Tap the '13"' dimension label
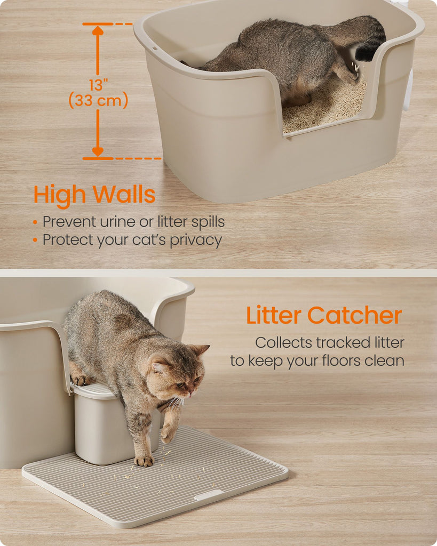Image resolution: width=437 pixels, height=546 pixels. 98,85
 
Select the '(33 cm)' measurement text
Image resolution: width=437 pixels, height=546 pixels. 98,101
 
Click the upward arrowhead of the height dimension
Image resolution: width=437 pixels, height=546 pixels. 98,30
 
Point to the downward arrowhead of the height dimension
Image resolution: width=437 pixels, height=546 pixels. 98,152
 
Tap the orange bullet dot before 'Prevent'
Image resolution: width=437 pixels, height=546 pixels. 35,222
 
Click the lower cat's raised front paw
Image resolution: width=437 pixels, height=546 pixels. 168,434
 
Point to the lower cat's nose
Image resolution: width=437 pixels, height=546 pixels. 190,393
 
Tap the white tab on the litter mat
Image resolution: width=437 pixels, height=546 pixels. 209,495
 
